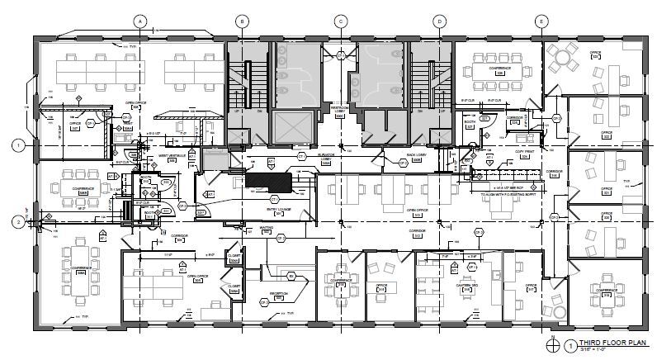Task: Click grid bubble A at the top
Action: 140,21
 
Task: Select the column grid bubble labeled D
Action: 440,21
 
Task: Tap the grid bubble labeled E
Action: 541,21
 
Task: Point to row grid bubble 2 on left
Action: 17,221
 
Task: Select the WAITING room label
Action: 267,229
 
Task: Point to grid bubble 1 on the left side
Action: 17,144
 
